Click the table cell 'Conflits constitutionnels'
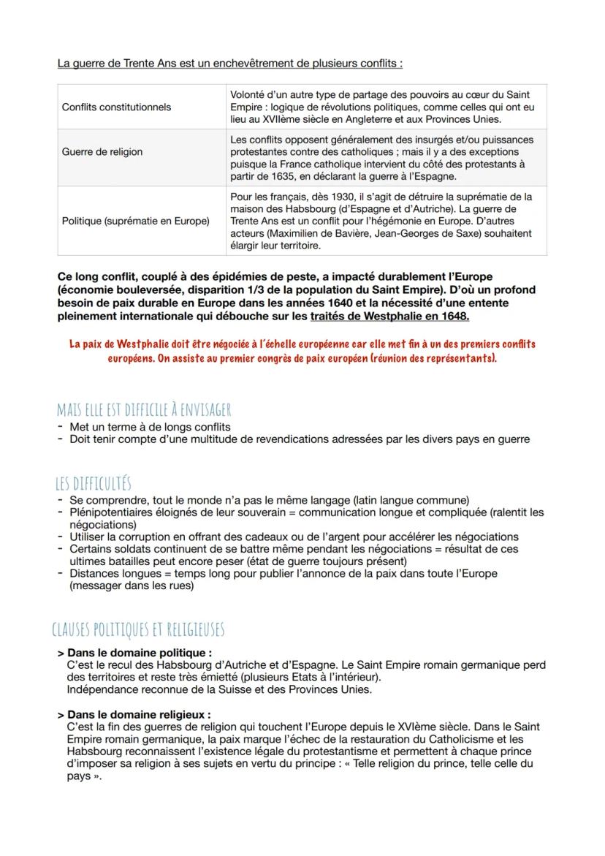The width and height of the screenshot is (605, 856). point(117,107)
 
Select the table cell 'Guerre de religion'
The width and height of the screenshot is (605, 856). point(102,152)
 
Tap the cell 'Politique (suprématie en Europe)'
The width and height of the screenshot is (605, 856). point(136,221)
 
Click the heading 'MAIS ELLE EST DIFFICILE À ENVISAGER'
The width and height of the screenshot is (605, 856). point(144,410)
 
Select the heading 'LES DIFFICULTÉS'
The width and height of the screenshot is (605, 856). point(93,483)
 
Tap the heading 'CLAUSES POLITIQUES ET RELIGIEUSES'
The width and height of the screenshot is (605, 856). point(139,629)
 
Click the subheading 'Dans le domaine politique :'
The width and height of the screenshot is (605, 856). point(140,652)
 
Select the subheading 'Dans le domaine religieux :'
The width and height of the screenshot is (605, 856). point(139,714)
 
